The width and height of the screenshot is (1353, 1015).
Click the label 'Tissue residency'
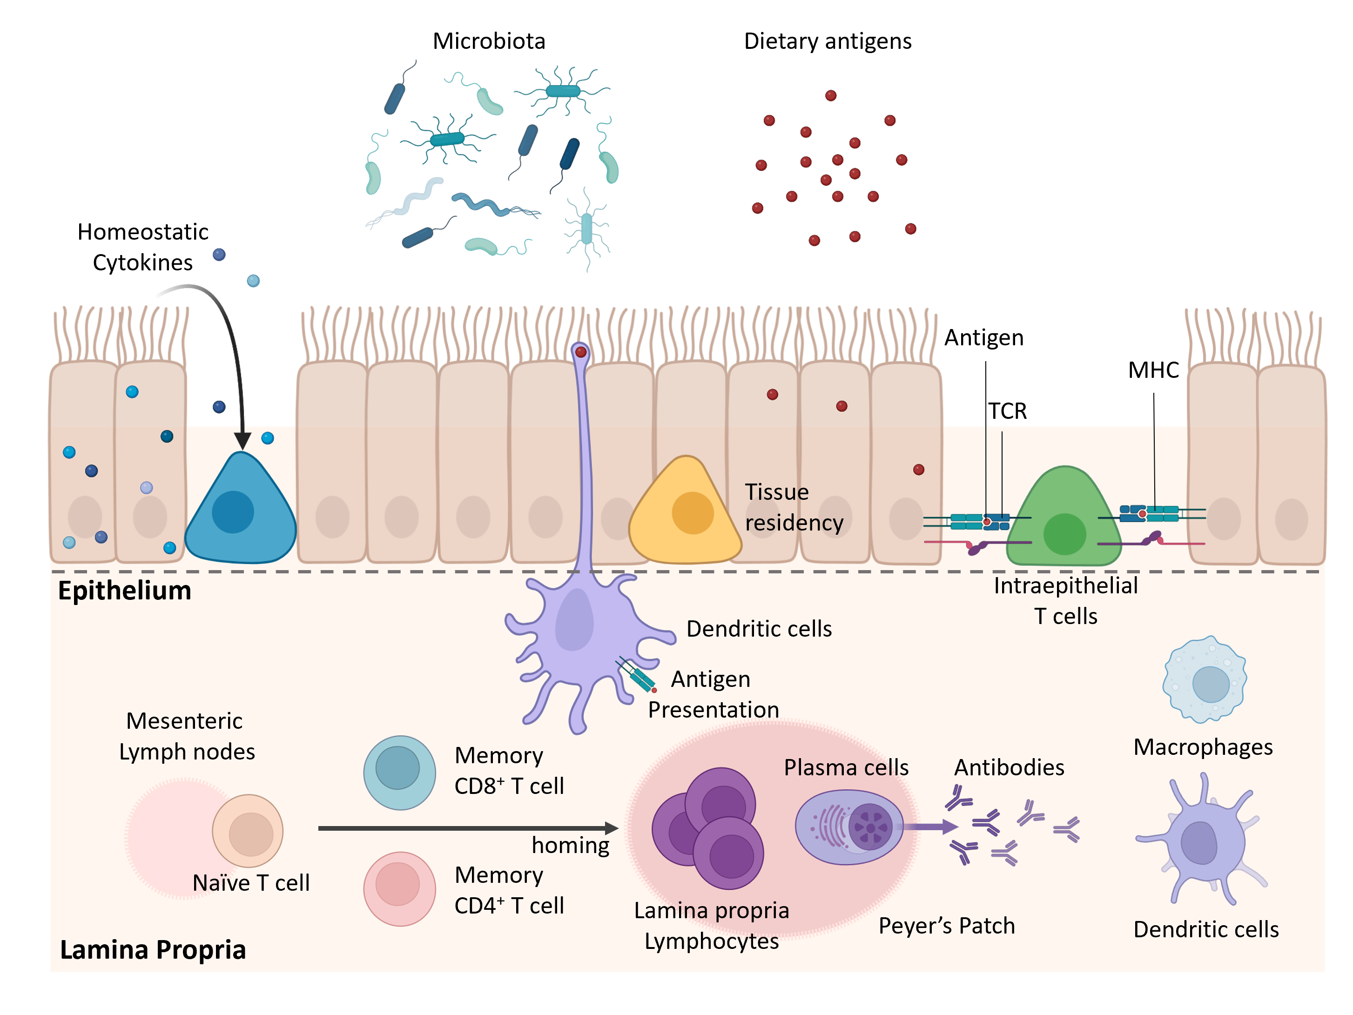794,507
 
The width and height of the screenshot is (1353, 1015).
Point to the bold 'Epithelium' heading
124,591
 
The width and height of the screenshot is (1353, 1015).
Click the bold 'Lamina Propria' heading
153,949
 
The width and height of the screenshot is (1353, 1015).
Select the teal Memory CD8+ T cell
399,772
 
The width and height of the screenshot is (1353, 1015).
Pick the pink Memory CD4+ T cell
399,888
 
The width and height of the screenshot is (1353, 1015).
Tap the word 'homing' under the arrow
570,845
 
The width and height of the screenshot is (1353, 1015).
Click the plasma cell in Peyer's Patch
849,827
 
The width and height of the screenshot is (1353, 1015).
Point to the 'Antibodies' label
1009,767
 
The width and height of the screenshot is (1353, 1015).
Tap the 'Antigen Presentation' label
713,695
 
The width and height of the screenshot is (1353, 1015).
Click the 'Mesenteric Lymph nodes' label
186,736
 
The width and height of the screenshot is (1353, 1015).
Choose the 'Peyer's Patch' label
947,926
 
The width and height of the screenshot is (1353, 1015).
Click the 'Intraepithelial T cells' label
1065,600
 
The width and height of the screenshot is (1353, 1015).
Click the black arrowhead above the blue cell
242,441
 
